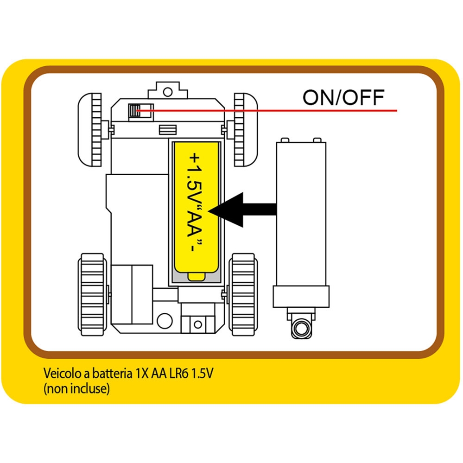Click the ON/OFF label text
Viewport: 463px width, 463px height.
click(343, 97)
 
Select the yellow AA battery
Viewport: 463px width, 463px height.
click(196, 206)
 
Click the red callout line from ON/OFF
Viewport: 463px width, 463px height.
click(278, 111)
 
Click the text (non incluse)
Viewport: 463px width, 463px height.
click(76, 389)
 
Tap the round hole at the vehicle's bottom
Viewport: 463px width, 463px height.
click(165, 320)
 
